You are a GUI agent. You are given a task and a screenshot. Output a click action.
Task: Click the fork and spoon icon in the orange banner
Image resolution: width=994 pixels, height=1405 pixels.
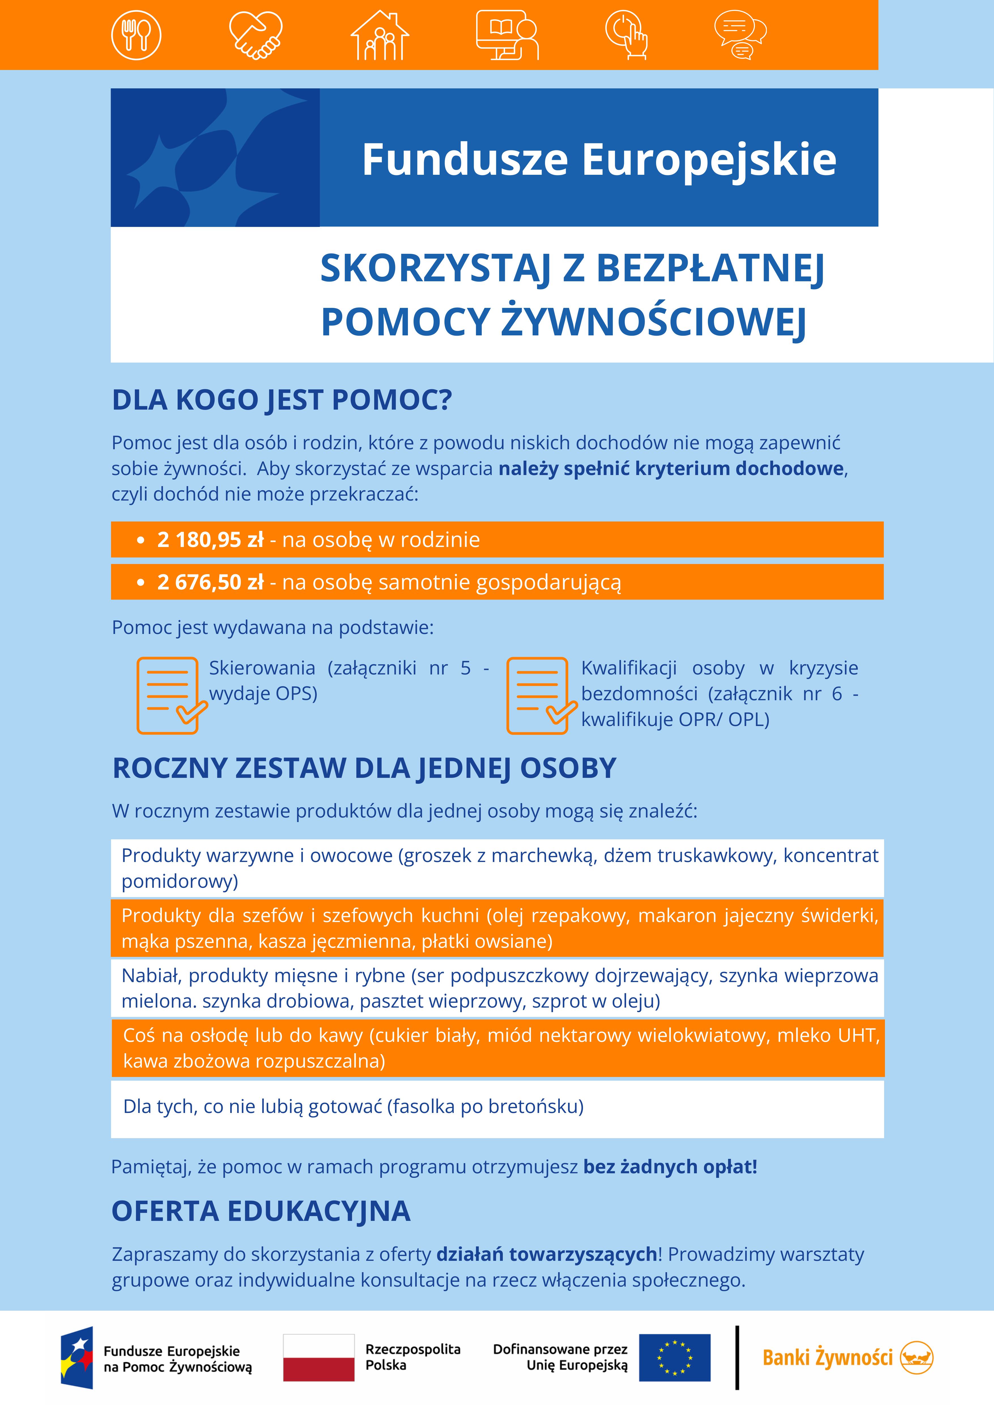(x=136, y=35)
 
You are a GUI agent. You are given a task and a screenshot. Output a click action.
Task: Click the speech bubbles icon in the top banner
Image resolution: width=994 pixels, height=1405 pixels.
(x=740, y=35)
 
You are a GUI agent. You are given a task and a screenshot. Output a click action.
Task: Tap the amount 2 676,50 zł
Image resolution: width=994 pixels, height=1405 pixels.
(x=210, y=582)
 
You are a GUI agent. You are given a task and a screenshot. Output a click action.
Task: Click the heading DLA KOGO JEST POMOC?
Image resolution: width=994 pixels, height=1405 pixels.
(x=282, y=400)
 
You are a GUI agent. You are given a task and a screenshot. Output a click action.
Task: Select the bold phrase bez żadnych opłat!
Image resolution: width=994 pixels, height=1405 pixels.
(x=670, y=1166)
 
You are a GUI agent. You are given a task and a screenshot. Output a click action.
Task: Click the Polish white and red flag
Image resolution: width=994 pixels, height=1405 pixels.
(x=318, y=1357)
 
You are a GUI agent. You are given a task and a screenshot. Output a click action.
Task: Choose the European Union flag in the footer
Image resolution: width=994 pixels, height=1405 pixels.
(x=674, y=1357)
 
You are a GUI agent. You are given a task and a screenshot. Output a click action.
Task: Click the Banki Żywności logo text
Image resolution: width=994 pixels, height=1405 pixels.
(x=827, y=1357)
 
